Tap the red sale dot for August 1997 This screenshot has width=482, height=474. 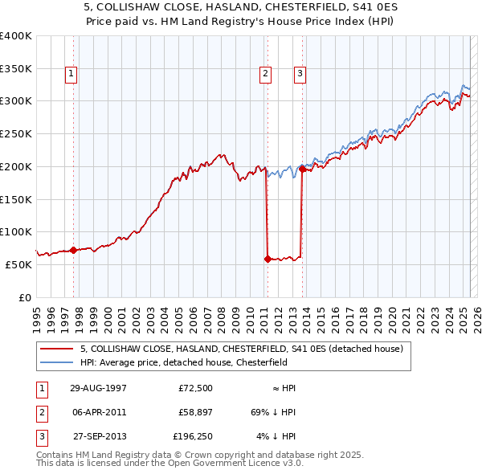pyautogui.click(x=73, y=250)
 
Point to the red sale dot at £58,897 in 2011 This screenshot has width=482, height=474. pyautogui.click(x=267, y=259)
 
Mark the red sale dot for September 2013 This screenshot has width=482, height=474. pyautogui.click(x=302, y=169)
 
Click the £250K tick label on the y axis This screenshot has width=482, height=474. pyautogui.click(x=16, y=133)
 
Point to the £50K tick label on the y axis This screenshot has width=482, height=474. pyautogui.click(x=19, y=264)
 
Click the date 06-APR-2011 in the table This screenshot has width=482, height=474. pyautogui.click(x=100, y=412)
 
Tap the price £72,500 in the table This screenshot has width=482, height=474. pyautogui.click(x=196, y=388)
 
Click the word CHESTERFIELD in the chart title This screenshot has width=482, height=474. pyautogui.click(x=295, y=6)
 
